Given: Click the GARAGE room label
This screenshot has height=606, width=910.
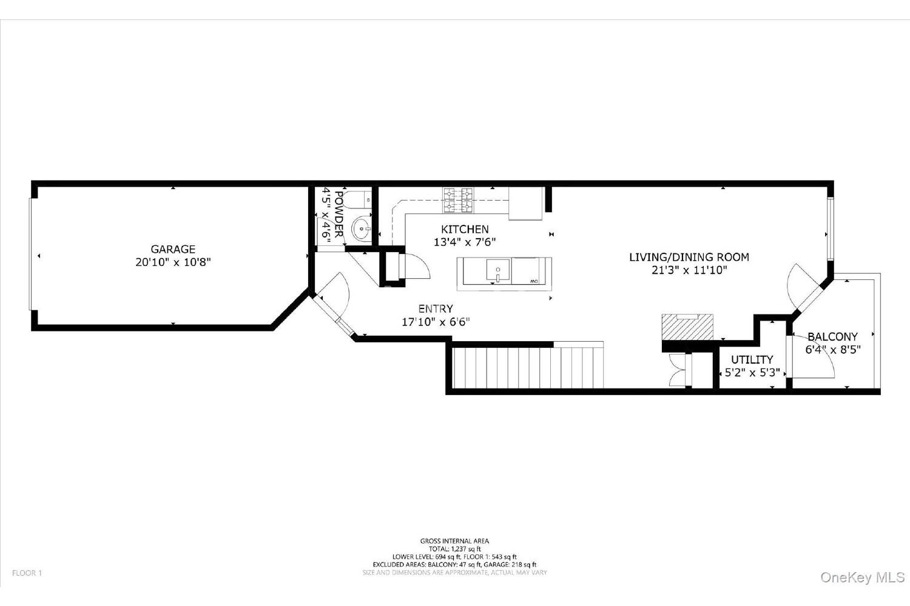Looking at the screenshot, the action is tap(173, 249).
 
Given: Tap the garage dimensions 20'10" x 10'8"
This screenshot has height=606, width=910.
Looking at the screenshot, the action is tap(173, 262).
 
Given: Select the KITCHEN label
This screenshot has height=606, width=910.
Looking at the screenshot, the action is tap(465, 229).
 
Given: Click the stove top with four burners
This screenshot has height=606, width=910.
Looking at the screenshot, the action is tap(458, 201).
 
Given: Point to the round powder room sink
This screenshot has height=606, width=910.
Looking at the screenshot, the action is tap(361, 229).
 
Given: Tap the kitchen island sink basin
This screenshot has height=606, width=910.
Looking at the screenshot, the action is tap(497, 270).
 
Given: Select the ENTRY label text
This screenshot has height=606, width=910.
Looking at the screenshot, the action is tap(436, 309).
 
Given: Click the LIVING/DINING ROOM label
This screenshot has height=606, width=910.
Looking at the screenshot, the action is tap(689, 257).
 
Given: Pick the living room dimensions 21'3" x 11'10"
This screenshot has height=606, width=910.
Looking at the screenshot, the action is tap(689, 270).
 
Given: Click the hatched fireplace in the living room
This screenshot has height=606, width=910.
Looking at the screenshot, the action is tap(688, 327).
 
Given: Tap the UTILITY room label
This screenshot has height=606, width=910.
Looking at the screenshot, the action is tap(752, 359).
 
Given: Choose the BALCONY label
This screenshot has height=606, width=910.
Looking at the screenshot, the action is tap(832, 336).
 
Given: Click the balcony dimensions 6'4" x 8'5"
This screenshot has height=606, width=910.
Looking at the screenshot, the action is tap(833, 350).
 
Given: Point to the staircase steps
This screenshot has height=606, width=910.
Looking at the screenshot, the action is tap(528, 367).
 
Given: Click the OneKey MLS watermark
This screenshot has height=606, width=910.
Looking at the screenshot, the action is tap(863, 577).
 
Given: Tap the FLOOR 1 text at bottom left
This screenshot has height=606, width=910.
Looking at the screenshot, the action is tap(27, 573).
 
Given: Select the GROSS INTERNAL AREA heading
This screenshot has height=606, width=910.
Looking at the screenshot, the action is tap(454, 541).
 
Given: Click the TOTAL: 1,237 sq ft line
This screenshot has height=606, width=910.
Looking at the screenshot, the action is tap(454, 549).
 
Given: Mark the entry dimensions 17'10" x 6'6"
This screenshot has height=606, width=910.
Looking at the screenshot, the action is tap(436, 322).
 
